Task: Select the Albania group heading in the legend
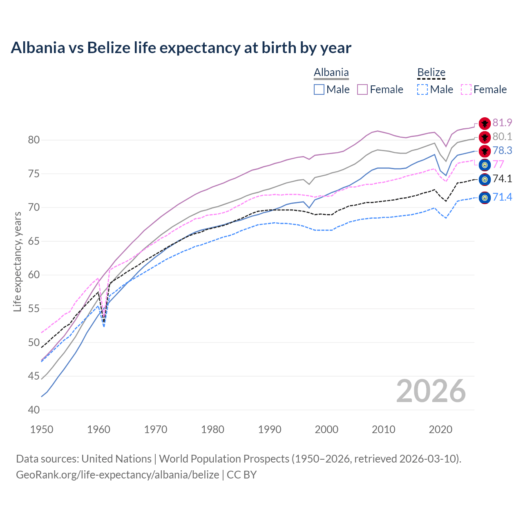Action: (x=331, y=73)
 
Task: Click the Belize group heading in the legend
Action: (x=431, y=73)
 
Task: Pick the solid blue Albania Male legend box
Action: (x=319, y=89)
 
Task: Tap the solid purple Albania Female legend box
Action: (x=362, y=89)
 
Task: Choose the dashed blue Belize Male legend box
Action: (x=422, y=89)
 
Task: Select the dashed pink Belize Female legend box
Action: (x=466, y=89)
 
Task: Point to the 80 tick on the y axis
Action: (x=34, y=140)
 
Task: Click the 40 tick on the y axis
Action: (x=34, y=410)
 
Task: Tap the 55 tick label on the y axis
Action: (x=34, y=309)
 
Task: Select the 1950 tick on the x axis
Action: (x=42, y=429)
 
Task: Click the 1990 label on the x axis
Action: (x=270, y=429)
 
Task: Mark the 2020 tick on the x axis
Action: (x=440, y=429)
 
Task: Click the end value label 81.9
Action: (x=502, y=123)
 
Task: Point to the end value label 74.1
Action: (x=502, y=179)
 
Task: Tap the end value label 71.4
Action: (x=502, y=197)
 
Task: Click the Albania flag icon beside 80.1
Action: (x=485, y=137)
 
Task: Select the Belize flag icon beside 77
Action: (x=485, y=165)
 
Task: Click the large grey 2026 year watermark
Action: (x=431, y=391)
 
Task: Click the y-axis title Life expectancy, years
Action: (x=18, y=261)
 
